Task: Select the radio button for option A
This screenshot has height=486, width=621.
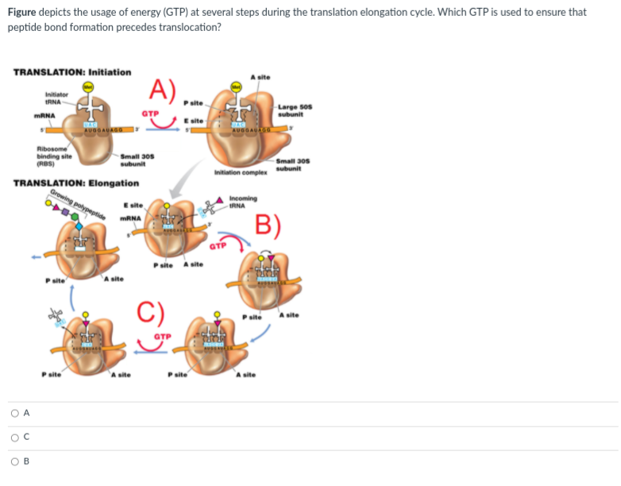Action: [15, 413]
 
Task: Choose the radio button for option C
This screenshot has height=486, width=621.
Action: [15, 438]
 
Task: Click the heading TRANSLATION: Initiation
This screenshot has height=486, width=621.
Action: [72, 72]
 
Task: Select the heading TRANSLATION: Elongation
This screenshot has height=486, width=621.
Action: [76, 183]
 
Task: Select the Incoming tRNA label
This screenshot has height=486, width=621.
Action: [241, 202]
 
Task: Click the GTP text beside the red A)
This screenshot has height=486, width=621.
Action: [150, 114]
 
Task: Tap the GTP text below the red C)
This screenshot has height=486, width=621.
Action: [163, 336]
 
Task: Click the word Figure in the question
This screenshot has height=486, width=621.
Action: [23, 12]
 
